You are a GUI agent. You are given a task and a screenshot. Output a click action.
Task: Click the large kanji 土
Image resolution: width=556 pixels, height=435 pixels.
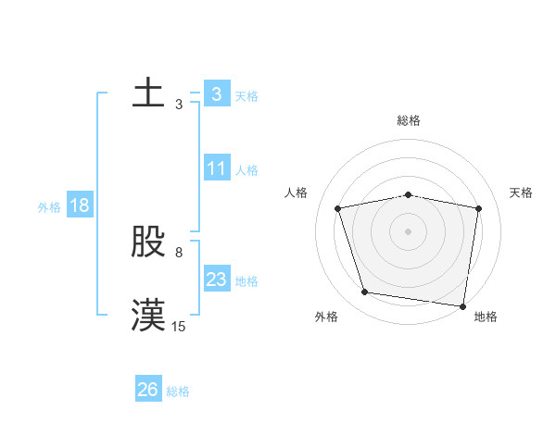click(x=148, y=93)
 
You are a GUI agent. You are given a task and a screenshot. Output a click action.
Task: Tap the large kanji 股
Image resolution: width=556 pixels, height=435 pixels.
click(x=148, y=242)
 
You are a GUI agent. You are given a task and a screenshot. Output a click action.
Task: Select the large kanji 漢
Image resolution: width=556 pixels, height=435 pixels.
click(x=148, y=315)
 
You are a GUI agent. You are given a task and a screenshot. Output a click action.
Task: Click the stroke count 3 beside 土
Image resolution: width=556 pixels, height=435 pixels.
click(x=179, y=105)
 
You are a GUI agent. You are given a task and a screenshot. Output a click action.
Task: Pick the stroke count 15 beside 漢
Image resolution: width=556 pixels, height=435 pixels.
click(x=179, y=326)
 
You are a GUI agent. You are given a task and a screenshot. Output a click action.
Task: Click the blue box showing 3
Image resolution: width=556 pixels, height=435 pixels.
click(x=216, y=94)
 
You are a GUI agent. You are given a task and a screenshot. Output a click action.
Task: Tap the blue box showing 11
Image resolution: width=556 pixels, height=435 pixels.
click(x=216, y=168)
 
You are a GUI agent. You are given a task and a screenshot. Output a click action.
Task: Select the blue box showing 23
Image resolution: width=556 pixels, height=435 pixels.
click(x=216, y=280)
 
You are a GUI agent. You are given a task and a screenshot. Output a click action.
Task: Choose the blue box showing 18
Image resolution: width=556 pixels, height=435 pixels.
click(x=80, y=205)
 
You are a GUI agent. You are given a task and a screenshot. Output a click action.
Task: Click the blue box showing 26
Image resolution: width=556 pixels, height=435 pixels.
click(x=148, y=390)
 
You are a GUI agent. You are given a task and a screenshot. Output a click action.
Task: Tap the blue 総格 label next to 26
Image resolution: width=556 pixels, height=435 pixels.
click(x=178, y=391)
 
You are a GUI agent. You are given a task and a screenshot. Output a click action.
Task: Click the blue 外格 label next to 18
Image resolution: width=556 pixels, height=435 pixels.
click(x=49, y=207)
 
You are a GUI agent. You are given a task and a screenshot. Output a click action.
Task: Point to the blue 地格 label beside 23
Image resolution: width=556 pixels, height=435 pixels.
click(x=246, y=281)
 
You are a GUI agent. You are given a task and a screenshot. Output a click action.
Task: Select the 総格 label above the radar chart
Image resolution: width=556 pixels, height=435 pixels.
click(x=409, y=120)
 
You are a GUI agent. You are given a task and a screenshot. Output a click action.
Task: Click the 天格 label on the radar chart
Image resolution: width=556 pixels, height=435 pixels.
click(x=522, y=193)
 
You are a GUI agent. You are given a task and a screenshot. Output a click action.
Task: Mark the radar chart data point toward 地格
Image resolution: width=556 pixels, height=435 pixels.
click(x=462, y=304)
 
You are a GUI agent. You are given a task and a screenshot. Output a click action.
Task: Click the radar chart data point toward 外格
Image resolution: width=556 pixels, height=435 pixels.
click(x=364, y=292)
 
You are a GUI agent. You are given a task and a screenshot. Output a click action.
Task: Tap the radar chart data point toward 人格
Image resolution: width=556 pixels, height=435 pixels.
click(x=338, y=208)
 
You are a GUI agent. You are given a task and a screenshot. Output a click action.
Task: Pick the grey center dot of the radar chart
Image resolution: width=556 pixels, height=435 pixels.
click(x=409, y=230)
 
